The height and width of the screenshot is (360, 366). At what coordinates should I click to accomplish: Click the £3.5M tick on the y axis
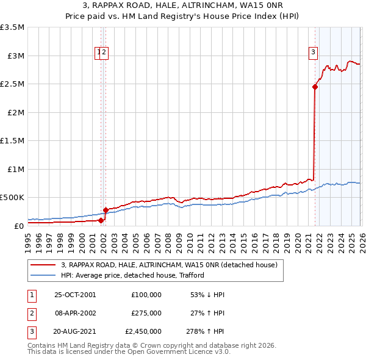tap(12, 27)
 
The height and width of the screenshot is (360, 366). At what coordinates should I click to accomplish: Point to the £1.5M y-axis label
tap(12, 140)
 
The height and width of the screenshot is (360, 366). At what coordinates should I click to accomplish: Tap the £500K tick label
tap(12, 197)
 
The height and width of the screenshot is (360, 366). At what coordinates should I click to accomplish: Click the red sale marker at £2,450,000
tap(315, 87)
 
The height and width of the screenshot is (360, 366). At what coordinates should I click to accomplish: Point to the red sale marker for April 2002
tap(106, 210)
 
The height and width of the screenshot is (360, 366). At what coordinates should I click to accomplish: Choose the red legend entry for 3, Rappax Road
tap(169, 265)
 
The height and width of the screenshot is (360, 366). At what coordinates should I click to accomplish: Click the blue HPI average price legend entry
tap(135, 275)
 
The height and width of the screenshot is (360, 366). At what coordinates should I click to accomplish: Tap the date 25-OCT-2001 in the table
tap(75, 294)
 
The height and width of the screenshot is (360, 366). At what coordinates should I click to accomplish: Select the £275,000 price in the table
tap(146, 312)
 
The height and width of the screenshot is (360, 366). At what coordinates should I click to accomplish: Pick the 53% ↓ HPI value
tap(207, 294)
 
